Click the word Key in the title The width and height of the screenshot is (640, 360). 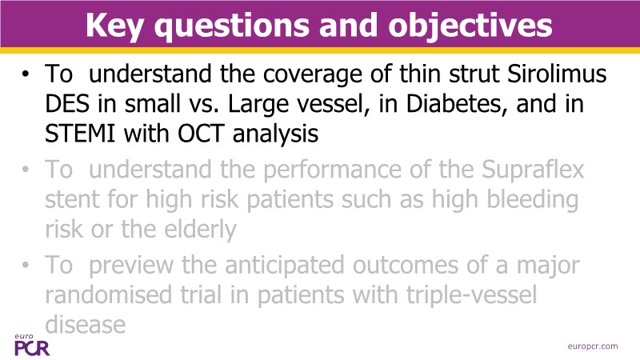(x=115, y=26)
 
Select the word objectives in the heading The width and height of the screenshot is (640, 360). (x=470, y=26)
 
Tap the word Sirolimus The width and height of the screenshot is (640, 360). (x=557, y=74)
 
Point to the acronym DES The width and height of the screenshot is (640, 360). (x=67, y=104)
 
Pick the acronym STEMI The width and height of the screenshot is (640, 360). (x=81, y=134)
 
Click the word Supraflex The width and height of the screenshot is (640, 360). (x=533, y=170)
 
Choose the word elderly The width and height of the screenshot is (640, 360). (x=200, y=230)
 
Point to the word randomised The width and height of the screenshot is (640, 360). (x=108, y=294)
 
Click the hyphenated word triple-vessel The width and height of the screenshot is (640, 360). (x=471, y=294)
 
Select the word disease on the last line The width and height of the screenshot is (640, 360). (x=86, y=325)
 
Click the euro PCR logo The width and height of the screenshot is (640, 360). (x=32, y=346)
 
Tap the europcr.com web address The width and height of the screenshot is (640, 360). (x=593, y=346)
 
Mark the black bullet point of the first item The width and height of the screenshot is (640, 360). (x=26, y=74)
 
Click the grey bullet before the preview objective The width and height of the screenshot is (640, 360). (x=26, y=266)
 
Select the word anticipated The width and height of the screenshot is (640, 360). (x=284, y=266)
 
